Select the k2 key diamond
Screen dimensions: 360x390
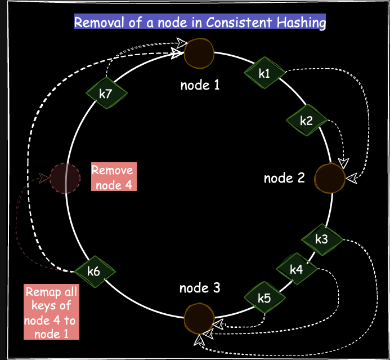pyautogui.click(x=307, y=120)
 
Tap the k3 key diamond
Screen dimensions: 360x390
pyautogui.click(x=322, y=239)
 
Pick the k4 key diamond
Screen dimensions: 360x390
pyautogui.click(x=297, y=269)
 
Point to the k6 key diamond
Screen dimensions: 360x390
pyautogui.click(x=94, y=271)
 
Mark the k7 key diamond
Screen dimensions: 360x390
pyautogui.click(x=106, y=93)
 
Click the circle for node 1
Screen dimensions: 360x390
pyautogui.click(x=200, y=52)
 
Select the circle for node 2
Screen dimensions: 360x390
pyautogui.click(x=330, y=178)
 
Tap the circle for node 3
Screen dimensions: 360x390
pyautogui.click(x=199, y=318)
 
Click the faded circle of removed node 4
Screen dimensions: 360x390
pyautogui.click(x=65, y=178)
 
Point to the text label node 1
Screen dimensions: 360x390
pyautogui.click(x=200, y=86)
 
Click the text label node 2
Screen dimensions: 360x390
pyautogui.click(x=284, y=178)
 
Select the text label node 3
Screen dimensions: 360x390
pyautogui.click(x=200, y=288)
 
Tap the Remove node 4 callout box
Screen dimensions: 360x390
pyautogui.click(x=113, y=177)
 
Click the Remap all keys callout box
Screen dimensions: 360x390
pyautogui.click(x=51, y=312)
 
